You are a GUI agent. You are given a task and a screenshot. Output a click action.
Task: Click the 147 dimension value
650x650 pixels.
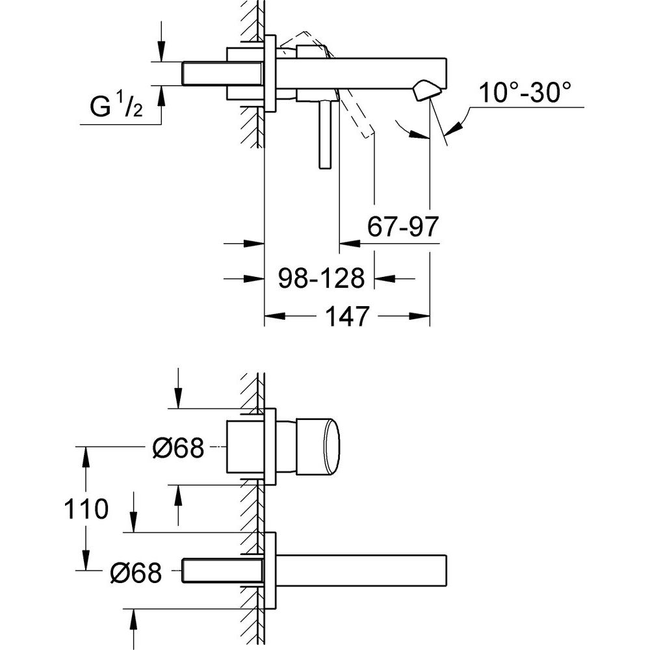tap(347, 317)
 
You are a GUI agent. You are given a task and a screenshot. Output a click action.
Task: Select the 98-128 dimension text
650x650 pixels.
tap(321, 278)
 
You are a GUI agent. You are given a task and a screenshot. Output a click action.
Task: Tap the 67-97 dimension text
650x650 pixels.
tap(403, 226)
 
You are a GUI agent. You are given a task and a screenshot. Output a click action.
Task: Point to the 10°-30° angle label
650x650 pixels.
tap(525, 92)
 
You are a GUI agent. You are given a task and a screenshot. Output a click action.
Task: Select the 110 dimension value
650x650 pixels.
tap(86, 509)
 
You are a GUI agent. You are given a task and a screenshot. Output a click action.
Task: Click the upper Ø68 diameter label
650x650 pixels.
tap(179, 448)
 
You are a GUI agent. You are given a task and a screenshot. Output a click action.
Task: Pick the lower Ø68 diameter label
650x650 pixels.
tap(136, 573)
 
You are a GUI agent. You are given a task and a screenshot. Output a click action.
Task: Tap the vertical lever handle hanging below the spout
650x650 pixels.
tap(326, 135)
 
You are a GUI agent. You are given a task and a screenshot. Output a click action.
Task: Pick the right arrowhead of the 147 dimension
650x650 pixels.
tap(419, 317)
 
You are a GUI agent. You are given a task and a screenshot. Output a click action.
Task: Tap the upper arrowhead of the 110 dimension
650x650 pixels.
tap(86, 457)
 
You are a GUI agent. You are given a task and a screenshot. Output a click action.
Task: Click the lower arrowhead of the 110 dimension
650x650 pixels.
tap(86, 560)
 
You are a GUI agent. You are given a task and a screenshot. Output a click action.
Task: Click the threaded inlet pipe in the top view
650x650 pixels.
tap(222, 74)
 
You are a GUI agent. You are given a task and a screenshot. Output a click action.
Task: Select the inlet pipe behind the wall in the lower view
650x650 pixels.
tap(222, 571)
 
